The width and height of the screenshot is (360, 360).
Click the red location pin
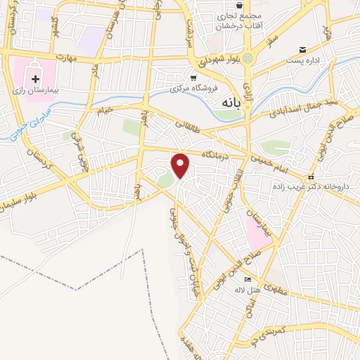click(x=181, y=165)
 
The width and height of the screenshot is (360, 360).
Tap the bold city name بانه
click(x=226, y=103)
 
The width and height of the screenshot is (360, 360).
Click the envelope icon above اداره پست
click(x=303, y=49)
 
